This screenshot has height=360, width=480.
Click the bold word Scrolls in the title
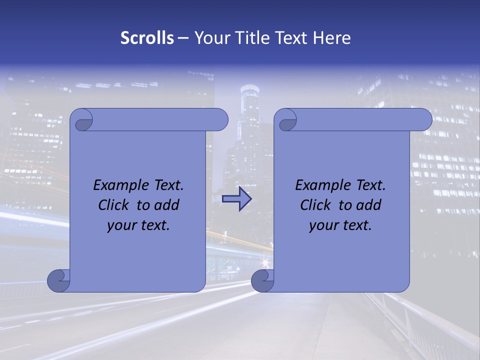point(147,38)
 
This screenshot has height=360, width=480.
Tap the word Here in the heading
point(332,38)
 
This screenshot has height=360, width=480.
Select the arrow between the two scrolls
point(236,199)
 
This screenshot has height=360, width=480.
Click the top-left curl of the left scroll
point(82,121)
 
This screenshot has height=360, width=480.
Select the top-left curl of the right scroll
point(286,121)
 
